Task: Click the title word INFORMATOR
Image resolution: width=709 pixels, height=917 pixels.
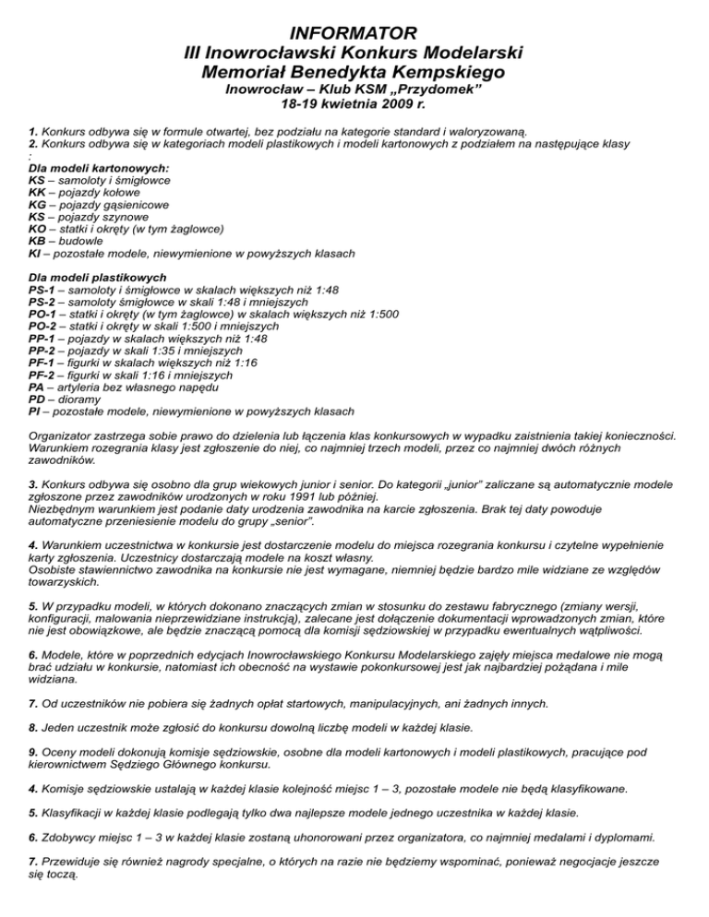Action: [354, 35]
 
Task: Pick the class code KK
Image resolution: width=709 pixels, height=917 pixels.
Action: [39, 193]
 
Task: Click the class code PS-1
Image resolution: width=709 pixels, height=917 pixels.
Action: [46, 289]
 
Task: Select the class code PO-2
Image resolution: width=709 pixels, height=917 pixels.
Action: [47, 326]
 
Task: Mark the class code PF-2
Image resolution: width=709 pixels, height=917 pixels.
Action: [46, 375]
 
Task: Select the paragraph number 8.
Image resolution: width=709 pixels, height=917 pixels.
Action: [33, 728]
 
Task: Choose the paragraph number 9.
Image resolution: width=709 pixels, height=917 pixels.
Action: [33, 753]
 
